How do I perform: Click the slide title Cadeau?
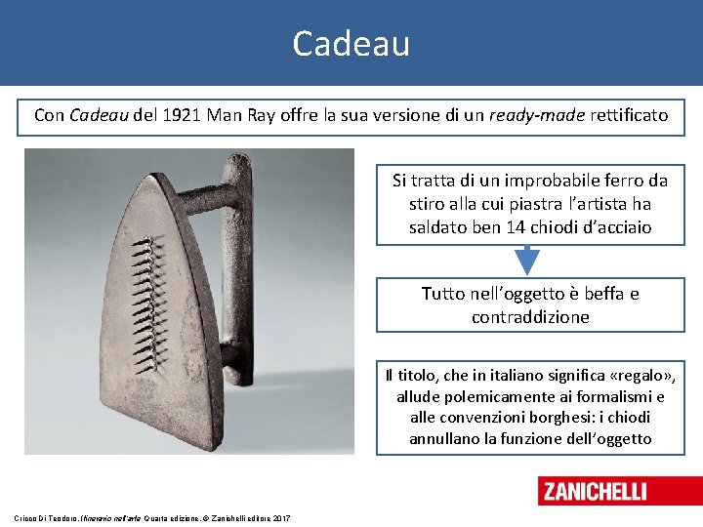pyautogui.click(x=351, y=43)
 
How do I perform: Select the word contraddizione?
pyautogui.click(x=530, y=317)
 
